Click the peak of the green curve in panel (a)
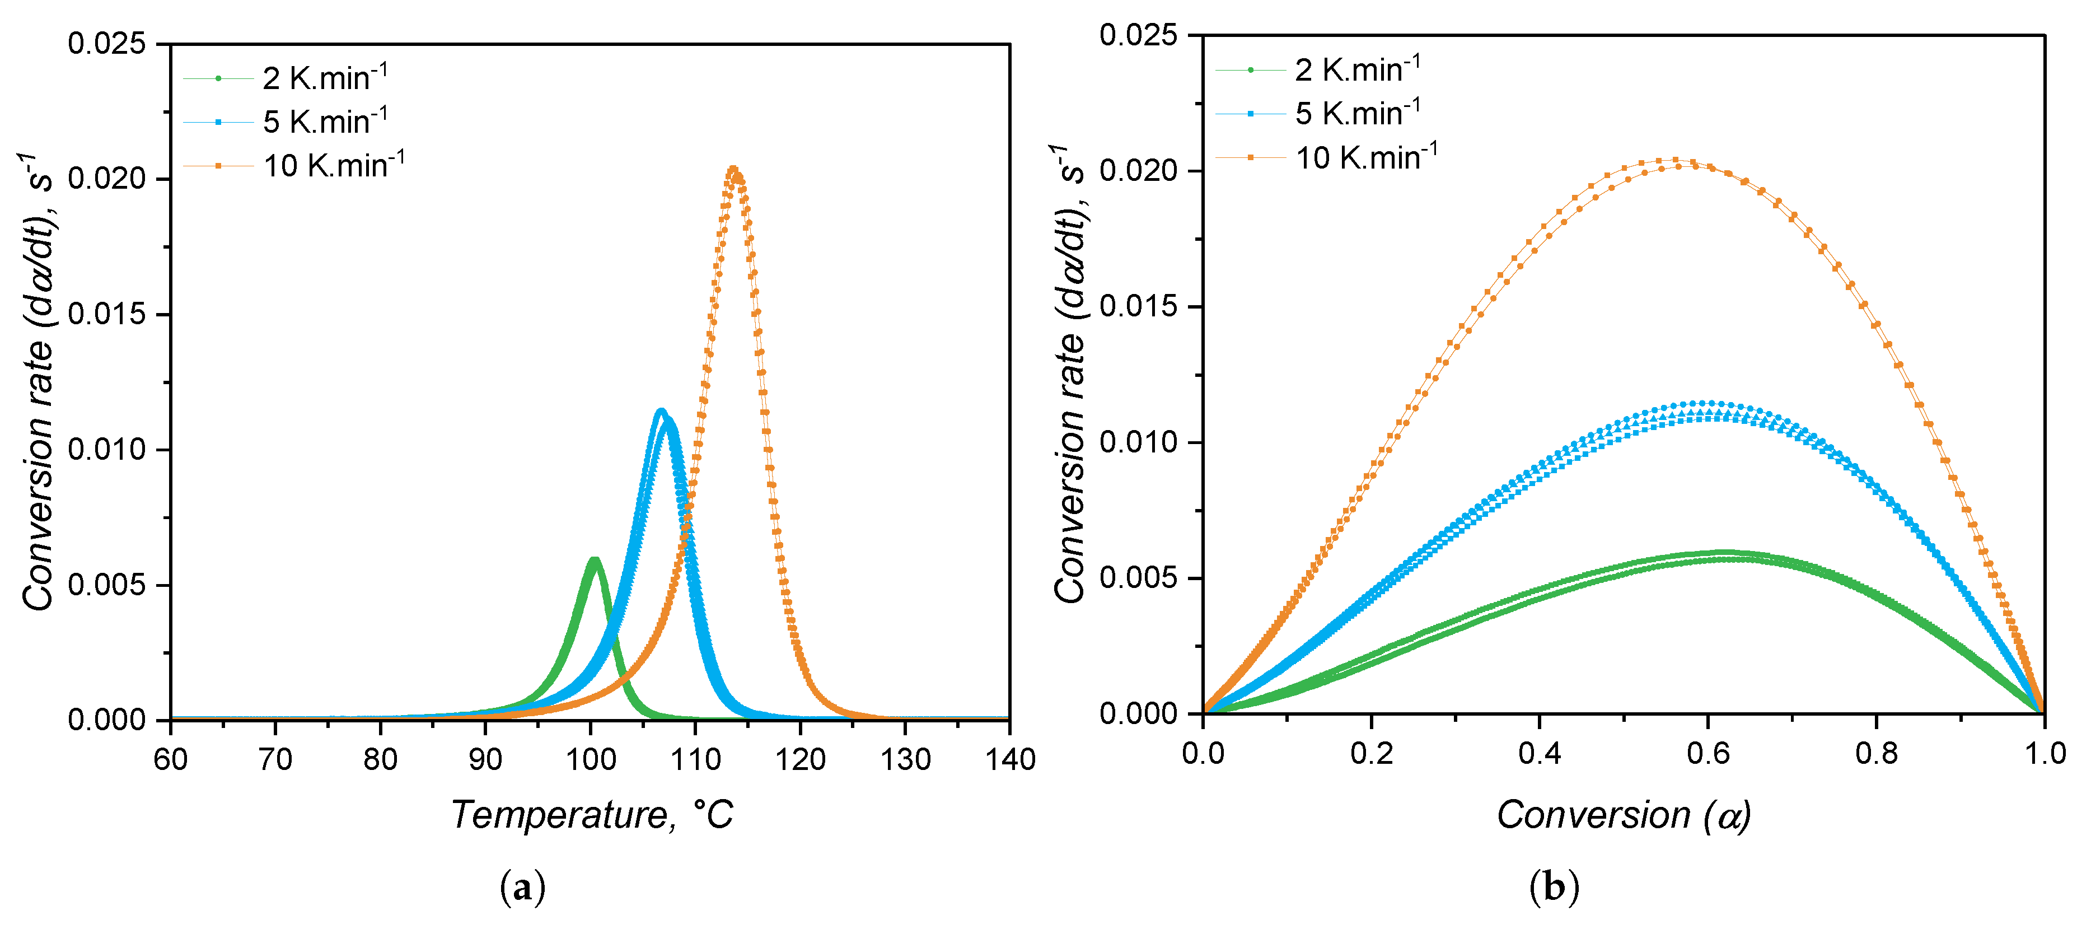click(594, 559)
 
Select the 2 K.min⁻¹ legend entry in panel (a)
click(324, 78)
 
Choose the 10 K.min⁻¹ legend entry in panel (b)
click(1365, 157)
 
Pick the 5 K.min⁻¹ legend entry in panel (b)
click(1357, 114)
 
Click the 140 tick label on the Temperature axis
click(1009, 760)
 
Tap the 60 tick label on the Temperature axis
click(171, 760)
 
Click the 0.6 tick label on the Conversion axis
click(1708, 753)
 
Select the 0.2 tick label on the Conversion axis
click(1372, 753)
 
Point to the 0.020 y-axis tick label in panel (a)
click(107, 179)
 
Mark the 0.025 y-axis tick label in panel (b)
click(1139, 35)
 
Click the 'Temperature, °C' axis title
click(592, 815)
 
